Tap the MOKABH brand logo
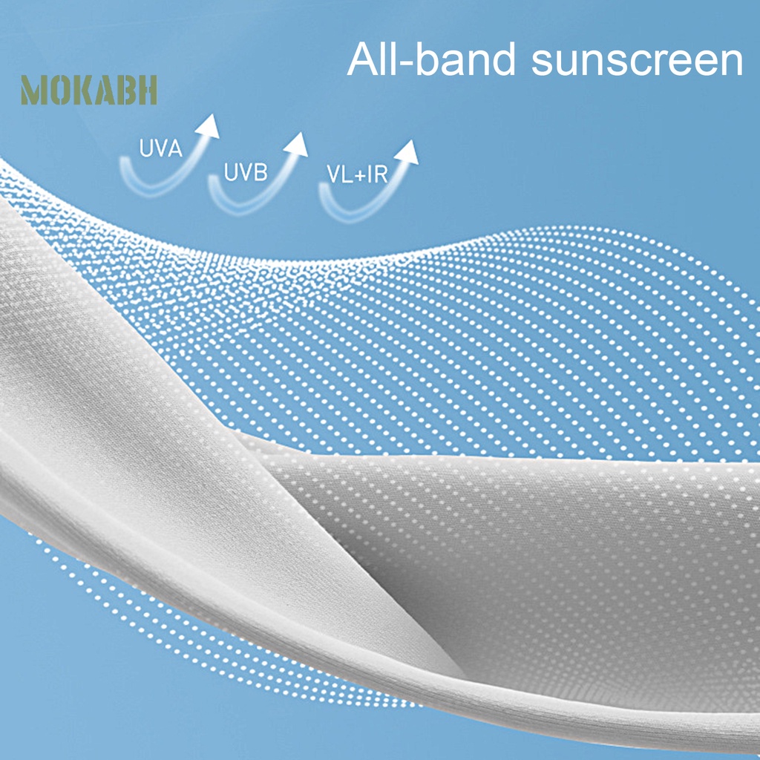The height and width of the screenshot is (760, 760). [x=89, y=90]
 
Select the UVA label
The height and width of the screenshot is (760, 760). [x=160, y=148]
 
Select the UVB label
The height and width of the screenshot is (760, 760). [x=245, y=172]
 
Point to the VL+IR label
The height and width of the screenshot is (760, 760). [x=357, y=174]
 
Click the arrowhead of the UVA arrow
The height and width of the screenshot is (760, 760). [x=208, y=126]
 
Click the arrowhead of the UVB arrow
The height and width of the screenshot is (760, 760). [x=296, y=144]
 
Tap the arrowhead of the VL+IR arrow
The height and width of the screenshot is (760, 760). [x=407, y=151]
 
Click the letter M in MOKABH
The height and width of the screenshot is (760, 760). [x=33, y=90]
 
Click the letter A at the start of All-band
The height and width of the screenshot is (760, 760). [x=363, y=59]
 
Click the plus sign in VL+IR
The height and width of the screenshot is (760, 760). [x=360, y=175]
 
